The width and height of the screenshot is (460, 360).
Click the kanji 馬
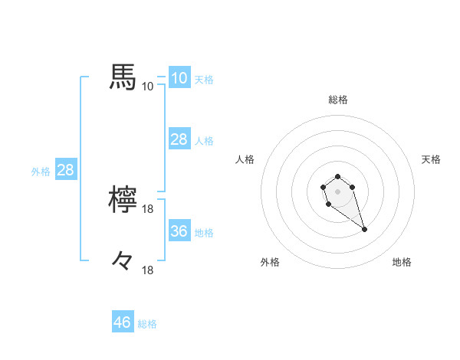pos(123,78)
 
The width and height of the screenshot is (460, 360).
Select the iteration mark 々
pos(123,262)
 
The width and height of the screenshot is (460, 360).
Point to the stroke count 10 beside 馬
pos(147,86)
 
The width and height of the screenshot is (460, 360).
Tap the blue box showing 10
pos(179,78)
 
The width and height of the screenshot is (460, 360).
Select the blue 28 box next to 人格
pos(179,139)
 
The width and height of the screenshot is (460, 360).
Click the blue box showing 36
pos(179,231)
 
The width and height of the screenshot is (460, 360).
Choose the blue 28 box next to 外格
pos(65,170)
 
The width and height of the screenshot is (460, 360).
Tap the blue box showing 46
pos(122,322)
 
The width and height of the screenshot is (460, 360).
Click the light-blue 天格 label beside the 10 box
pos(204,79)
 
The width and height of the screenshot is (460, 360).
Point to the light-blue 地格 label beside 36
pos(204,232)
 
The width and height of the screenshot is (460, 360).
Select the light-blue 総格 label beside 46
pos(147,323)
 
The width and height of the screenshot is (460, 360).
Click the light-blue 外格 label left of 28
pos(41,171)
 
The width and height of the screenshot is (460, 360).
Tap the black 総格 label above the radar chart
pos(338,100)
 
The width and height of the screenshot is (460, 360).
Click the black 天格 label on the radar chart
pos(431,159)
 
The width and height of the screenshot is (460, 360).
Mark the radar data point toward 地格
pos(364,229)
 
